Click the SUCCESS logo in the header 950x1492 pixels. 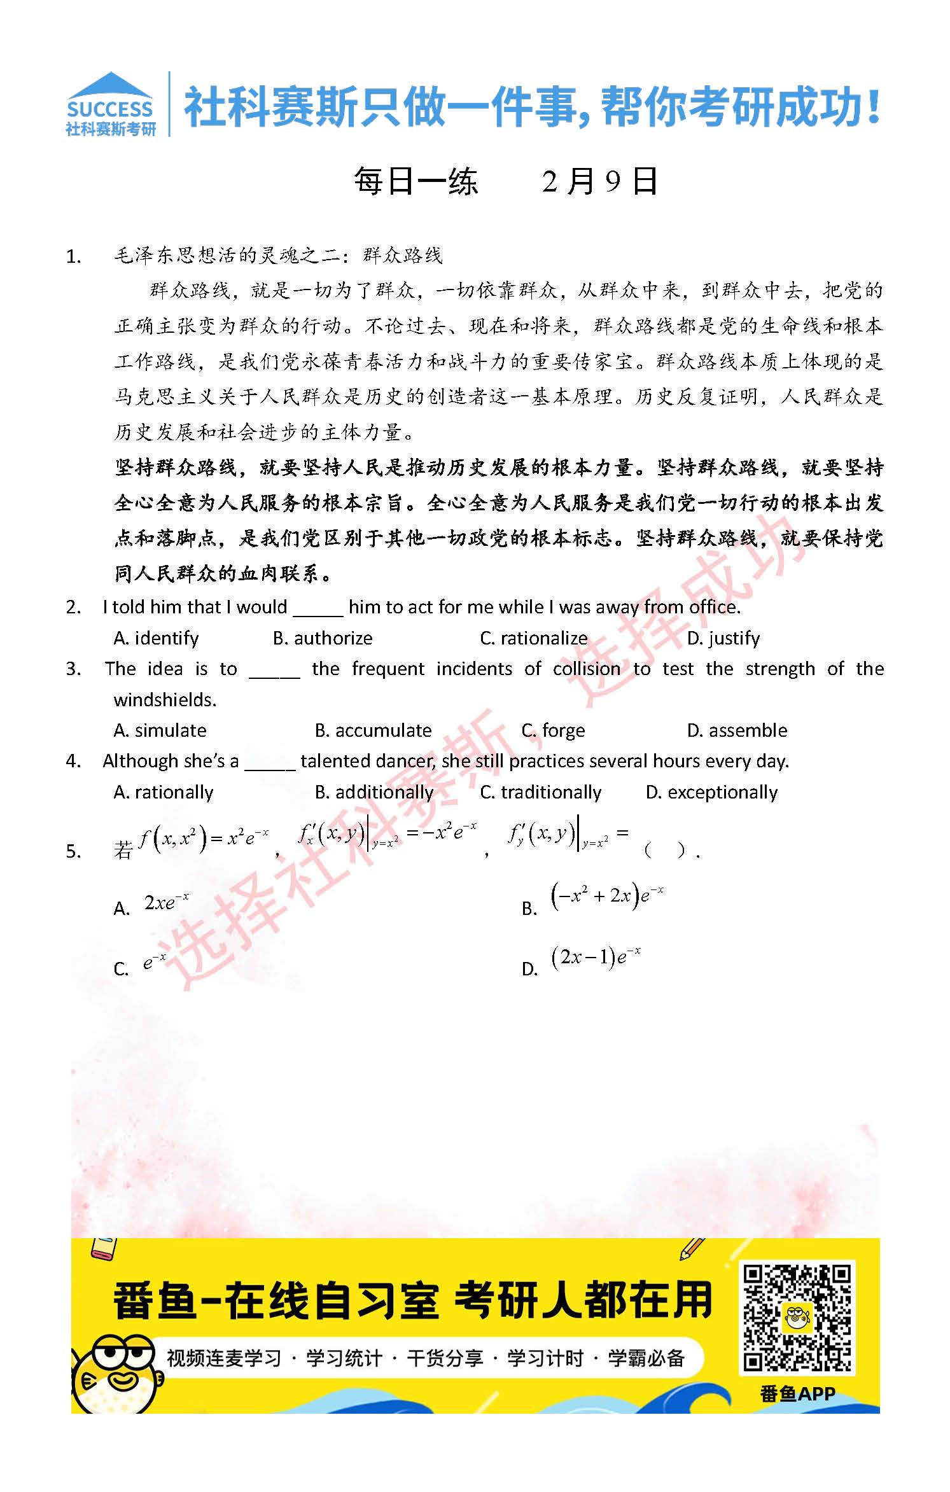click(x=110, y=104)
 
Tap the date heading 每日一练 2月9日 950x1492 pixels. click(x=505, y=181)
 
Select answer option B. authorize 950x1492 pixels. click(x=323, y=638)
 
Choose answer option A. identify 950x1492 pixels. click(x=156, y=638)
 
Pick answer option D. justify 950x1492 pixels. click(x=723, y=638)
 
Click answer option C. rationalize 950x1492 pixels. click(x=534, y=638)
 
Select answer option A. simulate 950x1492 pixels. click(x=160, y=730)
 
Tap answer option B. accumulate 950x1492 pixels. click(x=373, y=730)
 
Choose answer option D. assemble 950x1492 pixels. click(x=737, y=730)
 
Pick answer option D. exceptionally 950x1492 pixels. click(x=711, y=792)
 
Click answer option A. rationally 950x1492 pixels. click(x=163, y=792)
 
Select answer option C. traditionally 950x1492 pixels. click(x=540, y=792)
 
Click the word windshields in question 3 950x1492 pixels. click(x=165, y=700)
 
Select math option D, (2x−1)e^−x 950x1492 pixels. click(x=596, y=958)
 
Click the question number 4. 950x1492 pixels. click(x=73, y=762)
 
